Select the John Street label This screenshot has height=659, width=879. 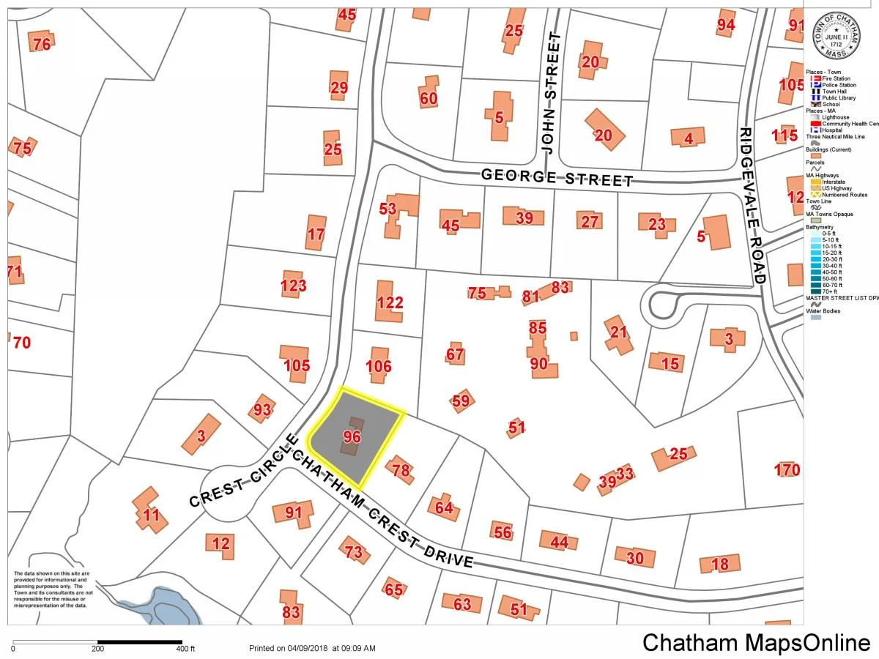550,92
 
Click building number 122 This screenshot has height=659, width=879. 390,302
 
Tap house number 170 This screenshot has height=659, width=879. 787,469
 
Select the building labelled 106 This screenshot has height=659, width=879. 379,366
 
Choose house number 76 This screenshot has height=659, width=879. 42,44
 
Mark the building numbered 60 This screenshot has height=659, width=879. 429,99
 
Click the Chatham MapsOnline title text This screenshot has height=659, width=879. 757,642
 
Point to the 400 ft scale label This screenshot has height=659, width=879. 185,649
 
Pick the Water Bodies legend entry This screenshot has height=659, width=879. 823,311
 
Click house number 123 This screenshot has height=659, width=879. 294,285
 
